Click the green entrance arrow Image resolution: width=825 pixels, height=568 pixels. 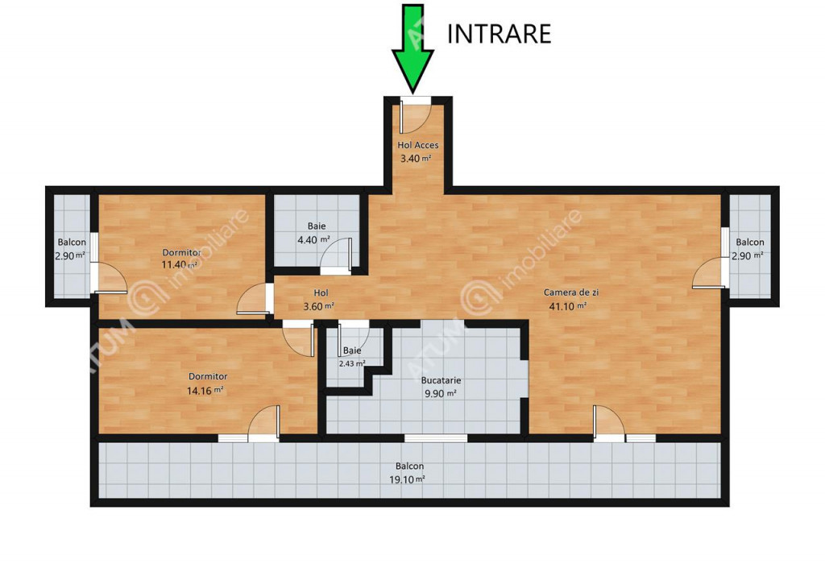(x=413, y=48)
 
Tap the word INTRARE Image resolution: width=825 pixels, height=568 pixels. (x=499, y=34)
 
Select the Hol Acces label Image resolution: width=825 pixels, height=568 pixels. (x=418, y=145)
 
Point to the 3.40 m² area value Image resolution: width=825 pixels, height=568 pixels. (x=416, y=158)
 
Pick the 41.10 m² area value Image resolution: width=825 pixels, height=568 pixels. (x=568, y=306)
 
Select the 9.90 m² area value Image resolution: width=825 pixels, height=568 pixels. (x=440, y=393)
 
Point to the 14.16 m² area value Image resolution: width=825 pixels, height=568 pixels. (x=205, y=391)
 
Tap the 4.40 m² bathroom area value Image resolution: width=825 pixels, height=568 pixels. (x=313, y=240)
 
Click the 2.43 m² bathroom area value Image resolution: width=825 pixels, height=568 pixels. (x=352, y=363)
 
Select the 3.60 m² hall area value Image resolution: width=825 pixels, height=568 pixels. (x=319, y=306)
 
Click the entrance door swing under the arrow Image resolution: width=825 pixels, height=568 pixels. (x=415, y=117)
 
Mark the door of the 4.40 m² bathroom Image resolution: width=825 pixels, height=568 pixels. (x=337, y=255)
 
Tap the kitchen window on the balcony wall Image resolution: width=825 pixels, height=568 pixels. (x=436, y=438)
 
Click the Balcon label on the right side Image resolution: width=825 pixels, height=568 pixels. (x=750, y=242)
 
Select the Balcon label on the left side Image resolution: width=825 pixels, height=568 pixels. (x=72, y=242)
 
